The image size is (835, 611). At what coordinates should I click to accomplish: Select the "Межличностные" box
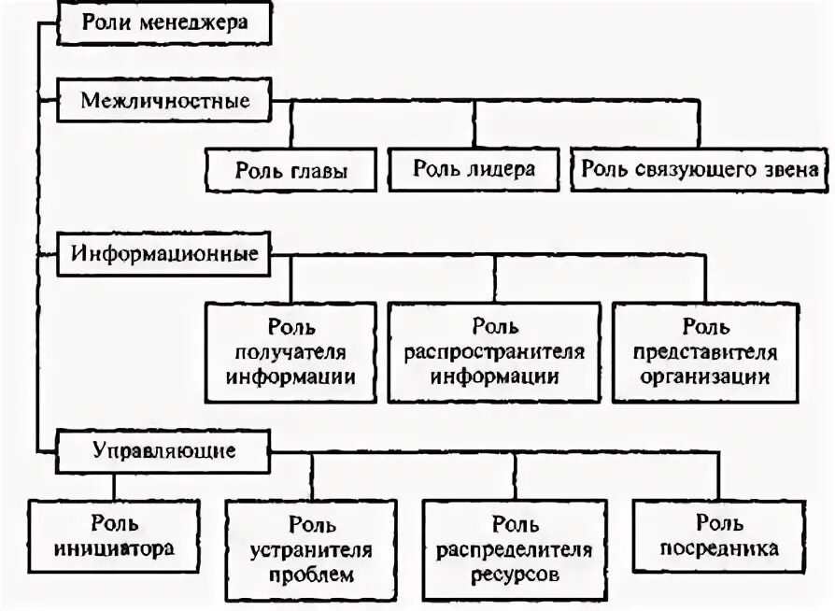coord(164,100)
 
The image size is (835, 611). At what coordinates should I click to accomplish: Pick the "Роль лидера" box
coord(474,169)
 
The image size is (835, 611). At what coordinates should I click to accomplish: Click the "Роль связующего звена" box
coord(699,169)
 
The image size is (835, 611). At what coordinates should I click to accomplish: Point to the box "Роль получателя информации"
coord(290,352)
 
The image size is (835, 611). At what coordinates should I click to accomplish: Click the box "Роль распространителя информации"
coord(494,352)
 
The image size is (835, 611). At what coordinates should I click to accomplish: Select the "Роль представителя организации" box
coord(705,352)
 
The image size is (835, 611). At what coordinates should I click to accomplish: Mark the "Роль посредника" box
coord(719,536)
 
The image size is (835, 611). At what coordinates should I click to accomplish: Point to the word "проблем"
coord(311,573)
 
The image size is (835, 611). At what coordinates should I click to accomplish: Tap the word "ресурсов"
coord(514,574)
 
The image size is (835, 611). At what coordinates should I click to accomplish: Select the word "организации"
coord(705,377)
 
